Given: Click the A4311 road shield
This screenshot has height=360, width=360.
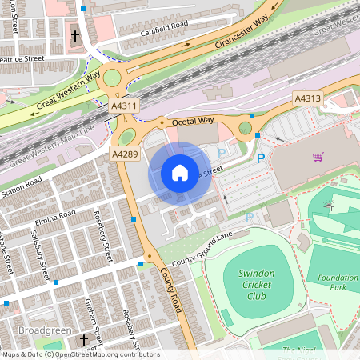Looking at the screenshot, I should click(x=124, y=105).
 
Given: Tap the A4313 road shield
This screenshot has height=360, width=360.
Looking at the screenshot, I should click(x=307, y=98).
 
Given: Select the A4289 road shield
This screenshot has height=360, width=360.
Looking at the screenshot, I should click(x=124, y=152).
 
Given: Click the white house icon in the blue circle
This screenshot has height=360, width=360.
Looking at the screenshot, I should click(x=180, y=173).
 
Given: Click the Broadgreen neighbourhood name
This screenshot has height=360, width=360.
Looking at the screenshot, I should click(x=44, y=330).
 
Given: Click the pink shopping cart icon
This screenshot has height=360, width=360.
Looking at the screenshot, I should click(x=318, y=157).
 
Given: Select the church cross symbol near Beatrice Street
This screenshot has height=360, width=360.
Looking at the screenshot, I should click(x=76, y=36).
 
